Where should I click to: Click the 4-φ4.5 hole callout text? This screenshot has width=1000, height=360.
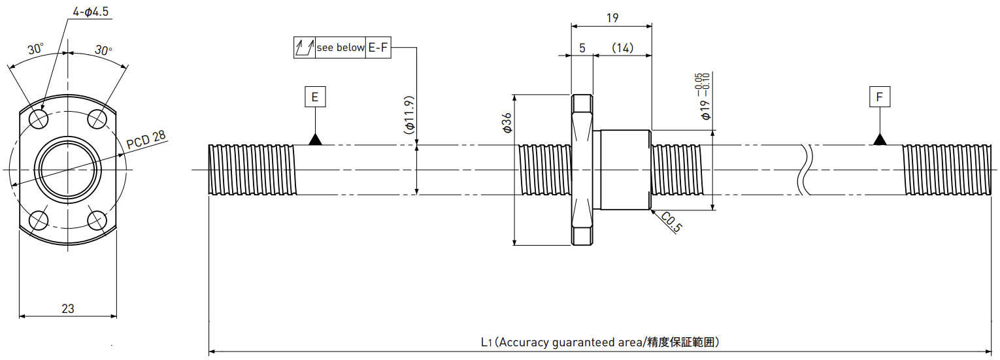pyautogui.click(x=91, y=11)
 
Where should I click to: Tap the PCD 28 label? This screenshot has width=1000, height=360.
pyautogui.click(x=146, y=140)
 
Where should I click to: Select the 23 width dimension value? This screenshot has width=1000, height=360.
pyautogui.click(x=68, y=308)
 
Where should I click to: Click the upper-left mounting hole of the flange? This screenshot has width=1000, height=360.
pyautogui.click(x=39, y=119)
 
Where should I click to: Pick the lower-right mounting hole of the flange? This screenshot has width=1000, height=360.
pyautogui.click(x=97, y=220)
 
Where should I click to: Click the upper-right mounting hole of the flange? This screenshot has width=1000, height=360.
pyautogui.click(x=97, y=119)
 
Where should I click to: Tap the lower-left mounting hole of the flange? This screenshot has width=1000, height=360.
pyautogui.click(x=39, y=220)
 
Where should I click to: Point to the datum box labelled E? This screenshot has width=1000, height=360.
pyautogui.click(x=315, y=97)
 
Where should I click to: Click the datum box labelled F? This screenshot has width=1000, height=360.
pyautogui.click(x=880, y=97)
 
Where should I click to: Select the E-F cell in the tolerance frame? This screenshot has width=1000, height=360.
pyautogui.click(x=378, y=47)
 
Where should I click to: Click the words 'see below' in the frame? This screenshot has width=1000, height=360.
pyautogui.click(x=341, y=47)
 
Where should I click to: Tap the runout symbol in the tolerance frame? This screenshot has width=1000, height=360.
pyautogui.click(x=305, y=47)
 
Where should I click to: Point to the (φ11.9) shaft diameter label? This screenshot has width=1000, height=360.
pyautogui.click(x=409, y=115)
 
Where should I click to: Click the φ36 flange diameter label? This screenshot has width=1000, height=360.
pyautogui.click(x=507, y=123)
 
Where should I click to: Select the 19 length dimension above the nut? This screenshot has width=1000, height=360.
pyautogui.click(x=612, y=18)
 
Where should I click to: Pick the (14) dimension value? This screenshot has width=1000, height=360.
pyautogui.click(x=622, y=48)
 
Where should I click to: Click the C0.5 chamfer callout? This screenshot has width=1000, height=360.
pyautogui.click(x=671, y=222)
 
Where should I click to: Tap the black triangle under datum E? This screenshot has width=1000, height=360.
pyautogui.click(x=315, y=140)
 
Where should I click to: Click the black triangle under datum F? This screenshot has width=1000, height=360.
pyautogui.click(x=880, y=140)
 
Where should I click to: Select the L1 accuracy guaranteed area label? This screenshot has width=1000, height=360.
pyautogui.click(x=600, y=342)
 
